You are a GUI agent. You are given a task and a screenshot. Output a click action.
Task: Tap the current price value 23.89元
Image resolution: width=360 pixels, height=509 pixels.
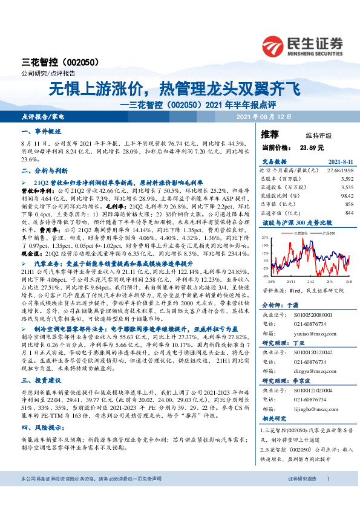point(311,147)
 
